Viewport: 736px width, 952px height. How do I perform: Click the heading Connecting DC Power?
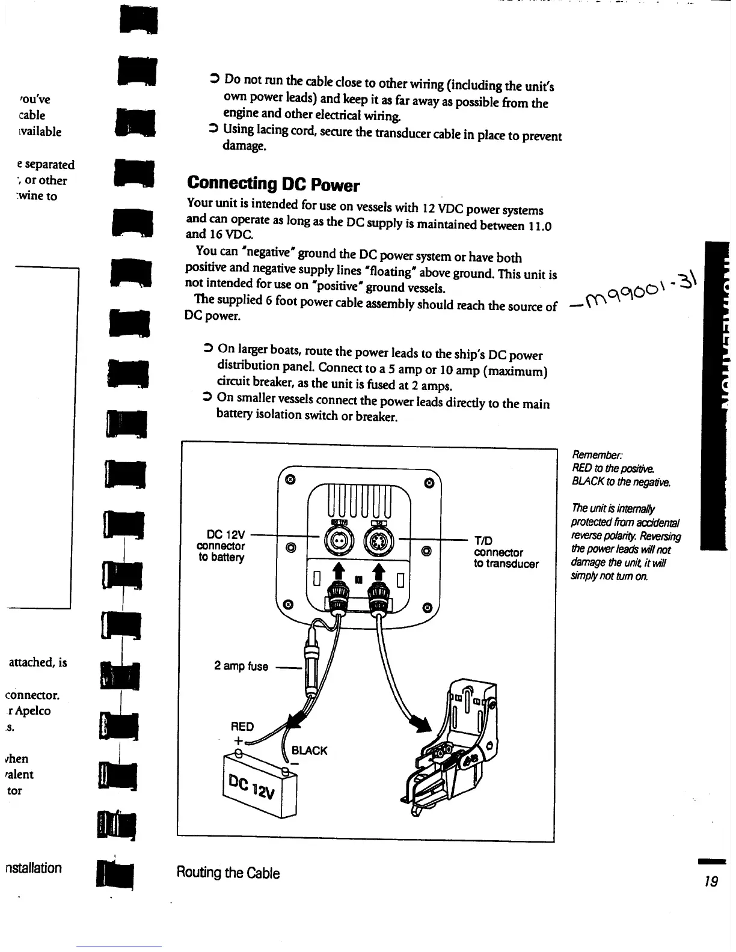tap(273, 183)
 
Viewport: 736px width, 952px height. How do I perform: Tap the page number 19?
tap(711, 882)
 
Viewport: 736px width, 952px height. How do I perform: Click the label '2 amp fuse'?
tap(241, 666)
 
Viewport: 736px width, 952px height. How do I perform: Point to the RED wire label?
tap(242, 726)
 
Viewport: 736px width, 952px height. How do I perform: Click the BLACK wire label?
tap(309, 751)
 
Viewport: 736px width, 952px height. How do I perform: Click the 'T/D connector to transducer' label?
tap(506, 552)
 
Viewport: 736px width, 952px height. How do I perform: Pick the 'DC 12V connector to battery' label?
tap(221, 546)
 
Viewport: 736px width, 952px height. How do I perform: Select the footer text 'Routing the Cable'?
tap(228, 873)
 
